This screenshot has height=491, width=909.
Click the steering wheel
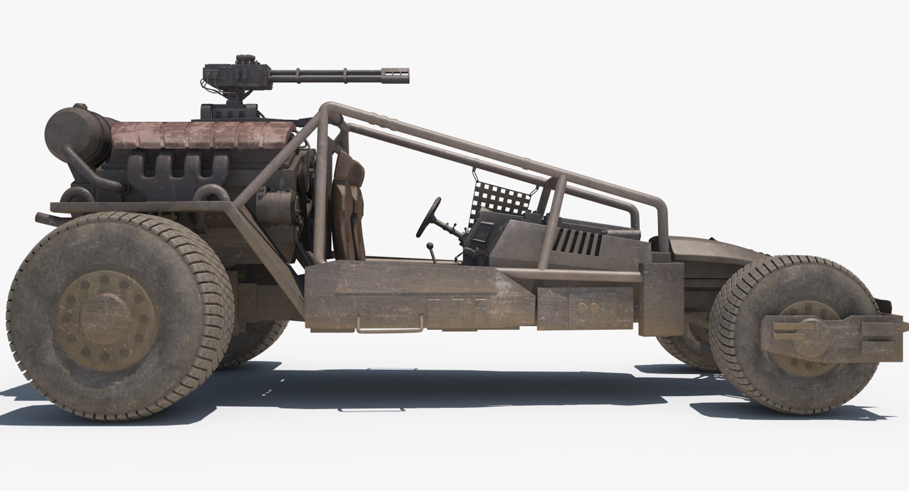click(x=428, y=217)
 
